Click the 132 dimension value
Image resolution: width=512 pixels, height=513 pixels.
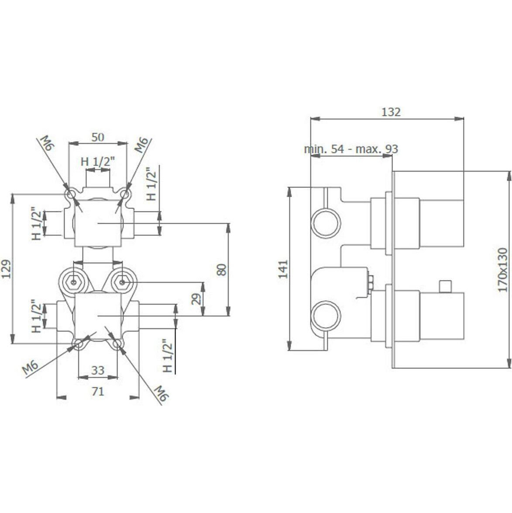coord(391,112)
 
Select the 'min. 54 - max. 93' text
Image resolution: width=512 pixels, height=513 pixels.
coord(351,149)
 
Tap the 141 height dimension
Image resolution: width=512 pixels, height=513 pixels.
coord(283,269)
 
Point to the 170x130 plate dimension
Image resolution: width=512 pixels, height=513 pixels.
coord(503,270)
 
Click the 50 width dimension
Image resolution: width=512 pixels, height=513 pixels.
coord(98,137)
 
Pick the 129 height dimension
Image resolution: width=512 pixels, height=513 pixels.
coord(7,269)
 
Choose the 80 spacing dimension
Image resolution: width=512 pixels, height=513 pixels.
coord(222,270)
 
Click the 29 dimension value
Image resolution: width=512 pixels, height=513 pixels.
coord(196,299)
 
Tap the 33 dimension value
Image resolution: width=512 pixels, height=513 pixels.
coord(98,371)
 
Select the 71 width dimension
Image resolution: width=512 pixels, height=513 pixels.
coord(98,391)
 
